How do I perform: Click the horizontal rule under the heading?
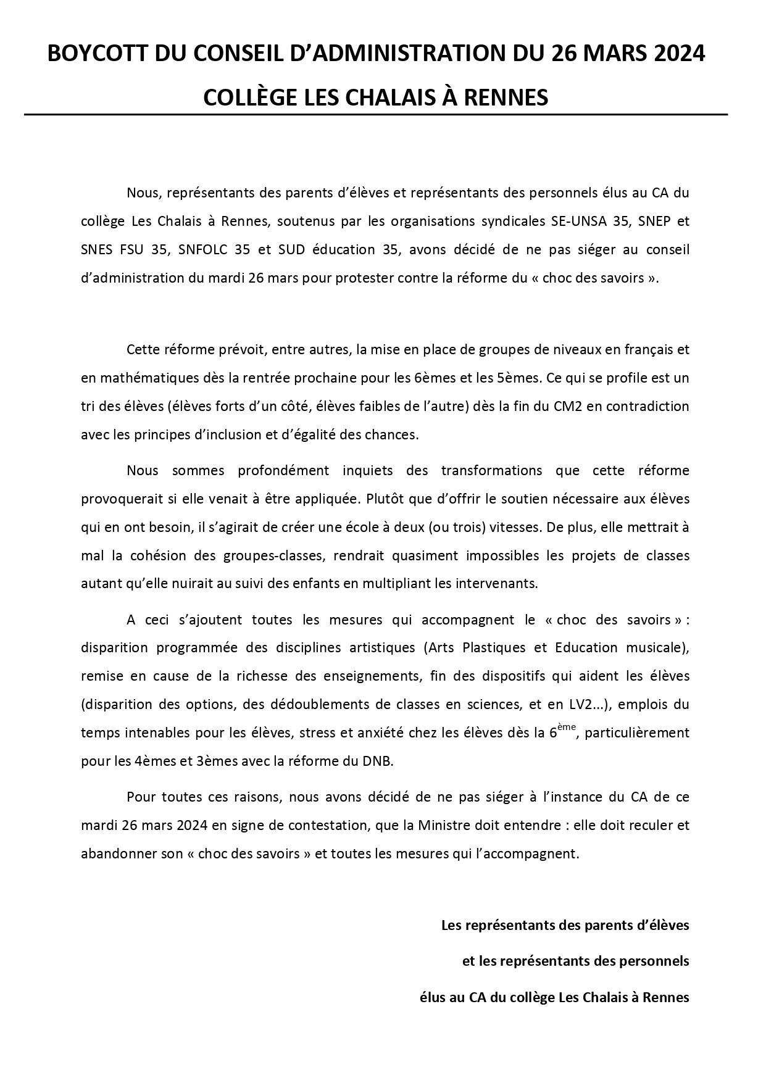(x=376, y=115)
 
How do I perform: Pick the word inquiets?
(x=368, y=471)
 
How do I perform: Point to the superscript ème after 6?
(x=567, y=728)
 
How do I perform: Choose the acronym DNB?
(x=378, y=761)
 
